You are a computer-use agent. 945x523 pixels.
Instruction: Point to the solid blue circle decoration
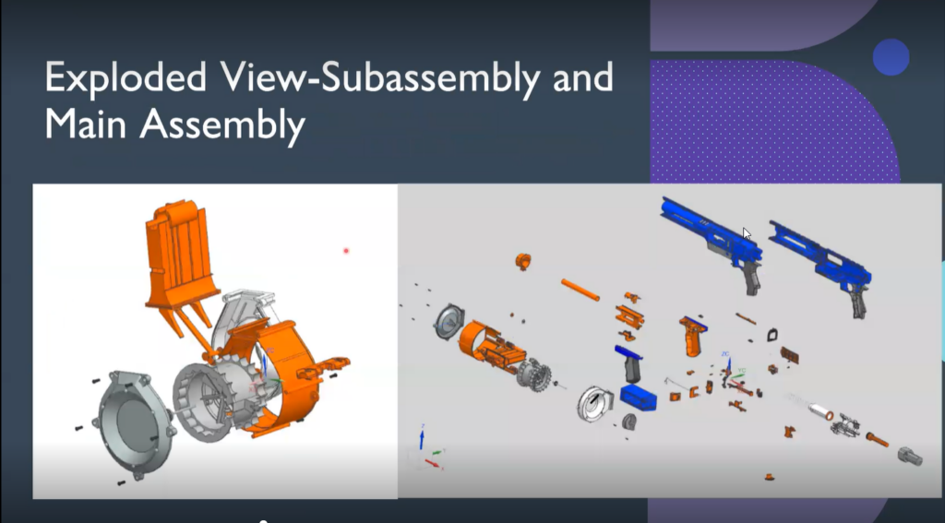pyautogui.click(x=891, y=57)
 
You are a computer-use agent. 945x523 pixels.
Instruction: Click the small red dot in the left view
pyautogui.click(x=346, y=250)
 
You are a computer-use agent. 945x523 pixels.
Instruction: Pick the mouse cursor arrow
pyautogui.click(x=747, y=234)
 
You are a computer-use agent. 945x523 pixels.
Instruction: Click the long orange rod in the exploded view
pyautogui.click(x=580, y=289)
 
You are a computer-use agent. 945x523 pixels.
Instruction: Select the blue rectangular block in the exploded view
pyautogui.click(x=639, y=398)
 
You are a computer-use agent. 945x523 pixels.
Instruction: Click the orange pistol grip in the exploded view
pyautogui.click(x=692, y=338)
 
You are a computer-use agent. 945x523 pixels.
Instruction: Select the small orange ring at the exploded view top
pyautogui.click(x=522, y=261)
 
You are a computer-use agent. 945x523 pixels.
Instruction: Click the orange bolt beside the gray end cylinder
pyautogui.click(x=877, y=440)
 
